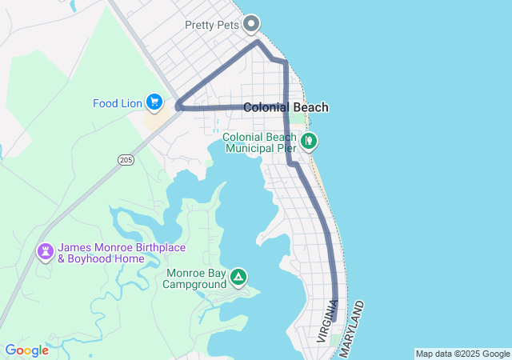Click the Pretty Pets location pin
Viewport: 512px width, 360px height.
click(x=252, y=24)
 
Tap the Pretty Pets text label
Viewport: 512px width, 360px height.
click(x=213, y=25)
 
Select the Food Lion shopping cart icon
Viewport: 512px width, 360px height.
click(x=154, y=102)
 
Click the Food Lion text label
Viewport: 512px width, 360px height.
click(x=117, y=102)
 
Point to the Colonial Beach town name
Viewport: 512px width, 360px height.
click(x=286, y=107)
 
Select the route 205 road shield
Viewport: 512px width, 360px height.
click(x=126, y=160)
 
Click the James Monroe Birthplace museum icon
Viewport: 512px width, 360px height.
click(x=46, y=252)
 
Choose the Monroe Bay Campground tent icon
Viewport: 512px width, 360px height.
click(x=238, y=278)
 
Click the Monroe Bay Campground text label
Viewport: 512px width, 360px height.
click(x=196, y=278)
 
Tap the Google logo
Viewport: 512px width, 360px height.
click(x=26, y=350)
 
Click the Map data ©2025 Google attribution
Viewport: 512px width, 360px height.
click(x=462, y=354)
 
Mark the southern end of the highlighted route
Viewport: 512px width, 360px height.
click(x=334, y=318)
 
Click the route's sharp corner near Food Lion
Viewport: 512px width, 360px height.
click(x=177, y=105)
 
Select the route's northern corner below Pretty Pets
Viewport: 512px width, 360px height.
click(x=257, y=42)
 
